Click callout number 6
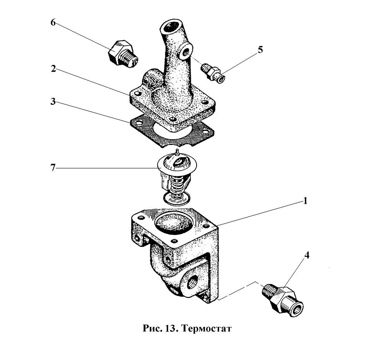pyautogui.click(x=53, y=23)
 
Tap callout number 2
pyautogui.click(x=53, y=69)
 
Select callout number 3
pyautogui.click(x=53, y=102)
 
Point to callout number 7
pyautogui.click(x=53, y=168)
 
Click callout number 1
pyautogui.click(x=305, y=201)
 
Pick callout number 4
pyautogui.click(x=306, y=255)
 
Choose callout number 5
pyautogui.click(x=260, y=50)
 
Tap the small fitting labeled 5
pyautogui.click(x=214, y=73)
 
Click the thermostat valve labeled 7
pyautogui.click(x=176, y=178)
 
